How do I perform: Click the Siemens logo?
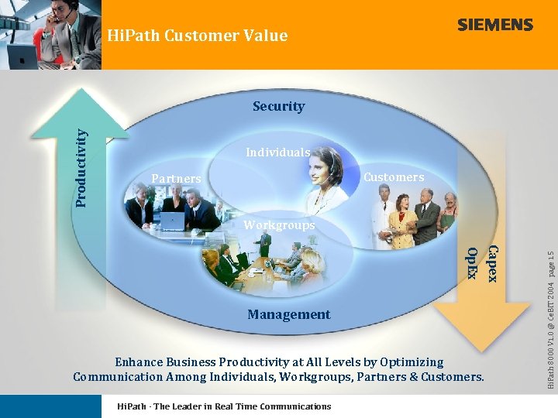(494, 25)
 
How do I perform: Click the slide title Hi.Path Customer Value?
(197, 36)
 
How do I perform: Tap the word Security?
(278, 106)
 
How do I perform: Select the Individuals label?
(277, 152)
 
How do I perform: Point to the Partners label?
(176, 179)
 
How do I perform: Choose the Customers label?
(394, 177)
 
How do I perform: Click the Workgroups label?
(279, 225)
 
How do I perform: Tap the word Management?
(288, 314)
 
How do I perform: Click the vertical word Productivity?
(81, 166)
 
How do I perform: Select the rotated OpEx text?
(472, 262)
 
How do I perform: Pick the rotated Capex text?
(492, 263)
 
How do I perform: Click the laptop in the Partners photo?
(172, 221)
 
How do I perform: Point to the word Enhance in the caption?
(140, 362)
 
